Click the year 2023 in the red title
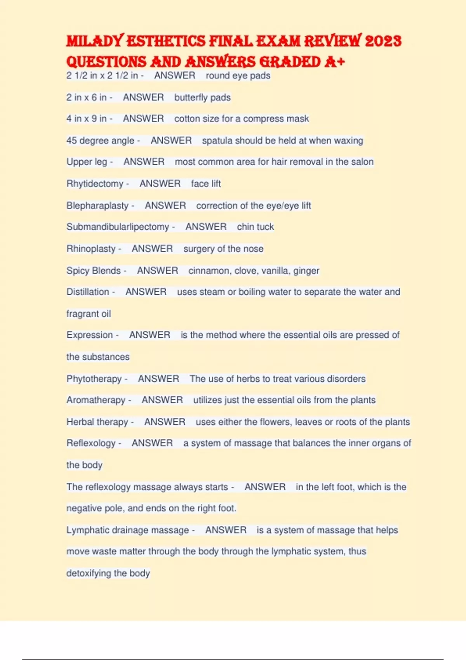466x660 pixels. click(383, 41)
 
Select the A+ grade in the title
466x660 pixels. click(334, 62)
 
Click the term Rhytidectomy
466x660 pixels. click(95, 184)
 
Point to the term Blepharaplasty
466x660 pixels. click(97, 205)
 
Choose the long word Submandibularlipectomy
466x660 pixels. click(118, 227)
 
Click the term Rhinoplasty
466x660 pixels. click(91, 248)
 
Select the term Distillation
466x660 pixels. click(88, 292)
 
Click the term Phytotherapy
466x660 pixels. click(94, 379)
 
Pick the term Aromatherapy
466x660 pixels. click(96, 400)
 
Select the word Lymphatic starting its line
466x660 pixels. click(88, 530)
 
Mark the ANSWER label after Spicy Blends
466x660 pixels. click(157, 271)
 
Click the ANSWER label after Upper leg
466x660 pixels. click(144, 162)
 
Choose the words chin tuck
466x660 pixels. click(255, 227)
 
